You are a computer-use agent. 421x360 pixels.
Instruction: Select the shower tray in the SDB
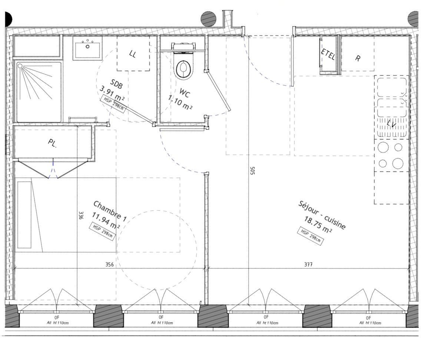coord(39,92)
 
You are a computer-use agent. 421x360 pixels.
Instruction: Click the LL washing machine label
coord(133,54)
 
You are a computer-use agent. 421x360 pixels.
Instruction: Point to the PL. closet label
coord(52,143)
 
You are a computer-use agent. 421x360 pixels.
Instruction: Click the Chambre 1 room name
coord(110,211)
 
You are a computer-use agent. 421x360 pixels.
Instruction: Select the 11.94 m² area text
coord(106,221)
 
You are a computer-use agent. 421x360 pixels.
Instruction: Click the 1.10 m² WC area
coord(180,103)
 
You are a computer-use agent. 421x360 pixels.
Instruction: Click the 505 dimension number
coord(252,171)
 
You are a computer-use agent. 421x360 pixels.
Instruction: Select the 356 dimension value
coord(109,264)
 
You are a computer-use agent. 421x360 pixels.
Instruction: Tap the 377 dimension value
coord(308,264)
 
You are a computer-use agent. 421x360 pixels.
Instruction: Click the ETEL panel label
coord(328,54)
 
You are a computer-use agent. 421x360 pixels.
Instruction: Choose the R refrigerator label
coord(358,58)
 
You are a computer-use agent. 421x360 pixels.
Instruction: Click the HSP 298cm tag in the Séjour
coord(311,236)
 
